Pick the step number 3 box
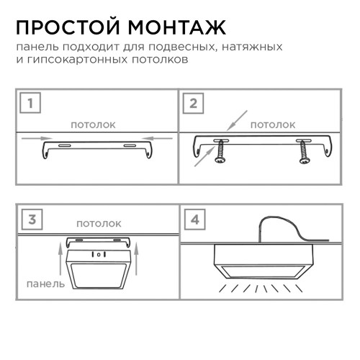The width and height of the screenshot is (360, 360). [x=30, y=219]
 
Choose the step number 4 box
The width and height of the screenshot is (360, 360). [x=193, y=219]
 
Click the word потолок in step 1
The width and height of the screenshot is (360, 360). [x=93, y=125]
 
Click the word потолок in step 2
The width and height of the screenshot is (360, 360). [x=272, y=125]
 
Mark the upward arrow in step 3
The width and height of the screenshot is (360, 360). [x=55, y=260]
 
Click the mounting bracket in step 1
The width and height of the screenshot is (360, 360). [x=97, y=148]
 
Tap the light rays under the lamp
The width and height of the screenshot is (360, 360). [x=267, y=289]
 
